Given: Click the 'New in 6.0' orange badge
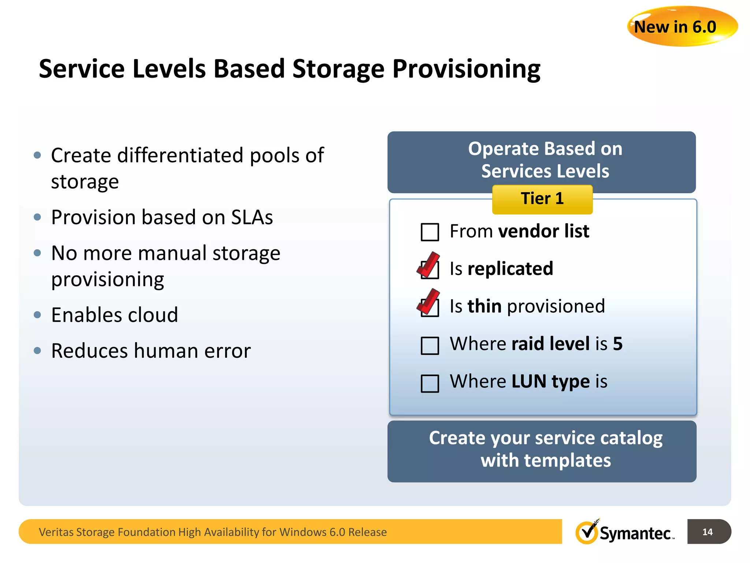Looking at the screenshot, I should tap(682, 26).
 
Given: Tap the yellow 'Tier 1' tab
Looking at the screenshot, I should tap(542, 199).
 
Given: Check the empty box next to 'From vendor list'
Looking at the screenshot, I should tap(430, 232).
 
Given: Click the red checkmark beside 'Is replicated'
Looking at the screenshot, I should tap(428, 265).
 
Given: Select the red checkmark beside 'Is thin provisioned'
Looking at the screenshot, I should tap(428, 302).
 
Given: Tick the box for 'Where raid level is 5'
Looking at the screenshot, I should tap(430, 346).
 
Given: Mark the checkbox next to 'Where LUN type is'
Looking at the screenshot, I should tap(430, 383).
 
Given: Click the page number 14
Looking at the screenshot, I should tap(708, 532).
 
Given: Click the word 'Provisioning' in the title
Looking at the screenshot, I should tap(466, 69).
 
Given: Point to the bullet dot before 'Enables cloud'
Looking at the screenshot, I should tap(37, 315).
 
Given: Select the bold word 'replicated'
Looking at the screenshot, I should tap(510, 269).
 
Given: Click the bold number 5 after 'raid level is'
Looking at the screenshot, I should tap(618, 344).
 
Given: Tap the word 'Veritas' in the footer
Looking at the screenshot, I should tap(56, 532).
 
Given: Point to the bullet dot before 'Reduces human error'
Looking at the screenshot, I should tap(37, 351).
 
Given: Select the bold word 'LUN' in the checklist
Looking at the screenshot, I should tap(529, 382).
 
